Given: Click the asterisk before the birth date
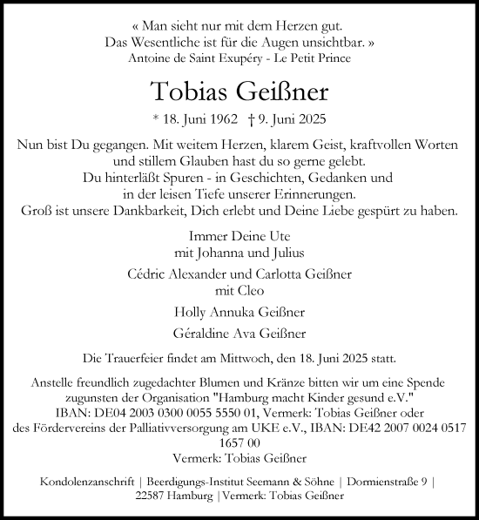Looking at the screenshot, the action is pyautogui.click(x=158, y=122).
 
